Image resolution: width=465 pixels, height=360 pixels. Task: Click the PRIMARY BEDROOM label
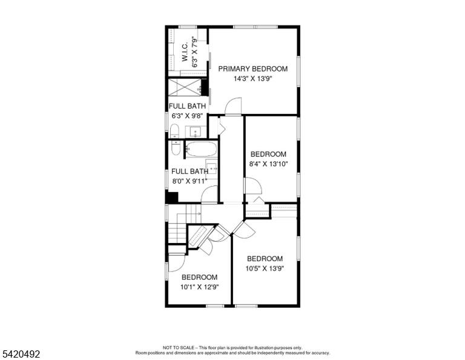253,69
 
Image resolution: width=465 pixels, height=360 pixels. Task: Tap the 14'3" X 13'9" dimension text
253,79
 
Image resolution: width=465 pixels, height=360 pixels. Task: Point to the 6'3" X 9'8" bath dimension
187,116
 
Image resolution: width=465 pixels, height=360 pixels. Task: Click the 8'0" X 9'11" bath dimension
190,181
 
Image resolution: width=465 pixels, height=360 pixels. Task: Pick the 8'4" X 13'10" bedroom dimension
268,164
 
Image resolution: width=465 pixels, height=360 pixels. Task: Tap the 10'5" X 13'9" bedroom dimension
265,268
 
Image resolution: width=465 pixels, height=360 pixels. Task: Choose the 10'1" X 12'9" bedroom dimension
200,287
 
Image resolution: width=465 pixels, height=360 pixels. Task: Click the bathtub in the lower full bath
202,149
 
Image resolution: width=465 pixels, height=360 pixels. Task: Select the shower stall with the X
185,87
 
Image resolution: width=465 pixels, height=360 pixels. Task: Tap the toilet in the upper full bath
174,131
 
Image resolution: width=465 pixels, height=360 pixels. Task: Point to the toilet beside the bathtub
176,148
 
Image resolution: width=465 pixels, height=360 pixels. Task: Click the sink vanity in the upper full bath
196,132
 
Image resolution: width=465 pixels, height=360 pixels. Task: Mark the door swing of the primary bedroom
233,106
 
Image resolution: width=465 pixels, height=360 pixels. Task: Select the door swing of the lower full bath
209,195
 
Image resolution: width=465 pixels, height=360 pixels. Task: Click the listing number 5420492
21,354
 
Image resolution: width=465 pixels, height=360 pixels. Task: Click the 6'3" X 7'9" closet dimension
194,52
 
